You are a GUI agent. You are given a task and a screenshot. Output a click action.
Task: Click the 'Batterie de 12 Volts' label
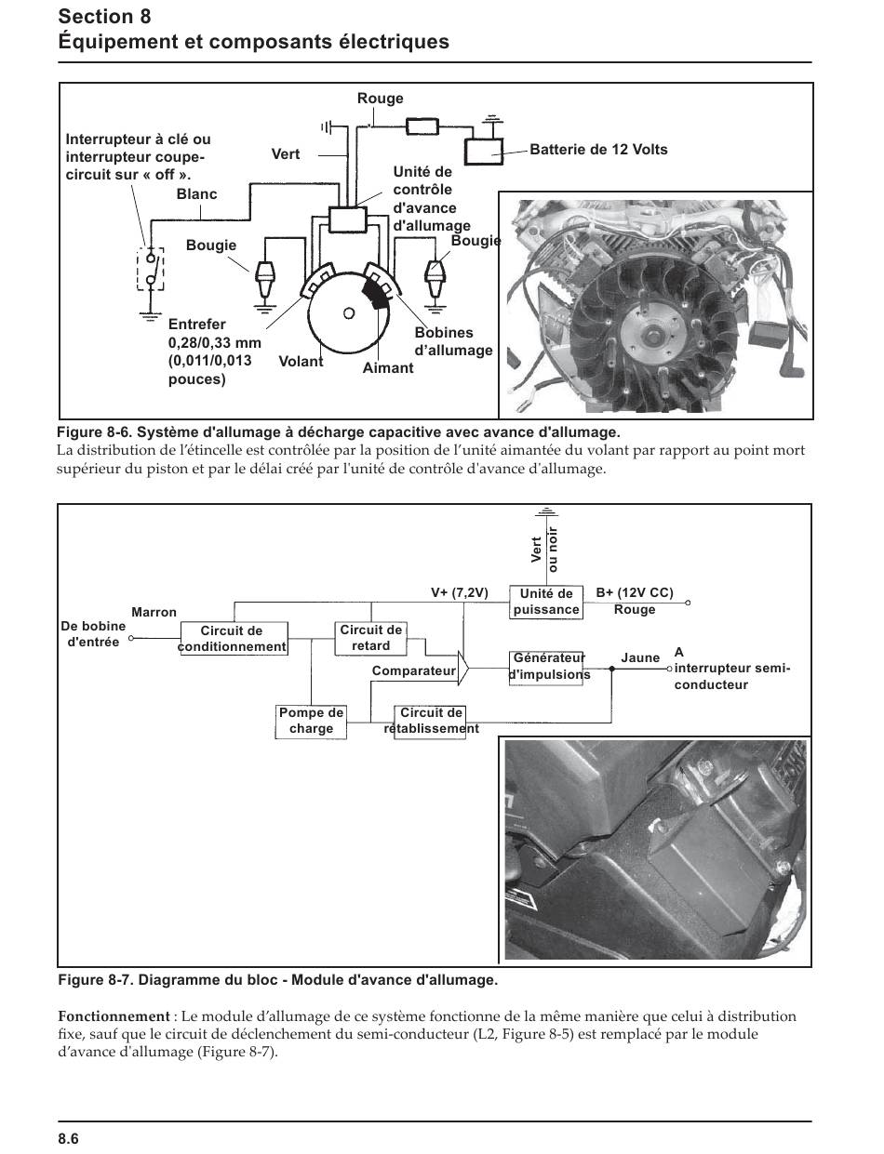598,149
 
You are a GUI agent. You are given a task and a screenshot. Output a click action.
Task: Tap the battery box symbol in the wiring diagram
484,152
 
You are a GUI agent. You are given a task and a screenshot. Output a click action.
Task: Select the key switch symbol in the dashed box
151,269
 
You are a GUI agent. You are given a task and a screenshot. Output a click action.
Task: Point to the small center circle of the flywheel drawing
349,313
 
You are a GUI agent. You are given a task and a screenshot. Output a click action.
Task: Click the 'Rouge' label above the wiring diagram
380,99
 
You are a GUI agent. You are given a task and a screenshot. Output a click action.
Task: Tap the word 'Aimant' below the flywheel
388,368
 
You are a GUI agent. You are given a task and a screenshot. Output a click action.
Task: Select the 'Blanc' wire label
196,193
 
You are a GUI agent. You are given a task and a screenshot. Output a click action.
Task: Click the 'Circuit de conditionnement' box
234,638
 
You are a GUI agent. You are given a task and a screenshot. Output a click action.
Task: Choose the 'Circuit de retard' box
370,638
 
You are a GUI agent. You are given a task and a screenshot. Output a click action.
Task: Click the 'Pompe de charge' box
311,721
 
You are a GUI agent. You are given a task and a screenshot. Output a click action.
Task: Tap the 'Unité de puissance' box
546,602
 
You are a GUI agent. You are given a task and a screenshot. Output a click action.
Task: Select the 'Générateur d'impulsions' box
546,668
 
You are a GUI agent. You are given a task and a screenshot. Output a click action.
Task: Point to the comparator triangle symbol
462,668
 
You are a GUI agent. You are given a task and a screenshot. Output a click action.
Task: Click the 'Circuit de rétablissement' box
430,721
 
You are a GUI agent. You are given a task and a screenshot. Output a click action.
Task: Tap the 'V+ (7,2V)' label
460,592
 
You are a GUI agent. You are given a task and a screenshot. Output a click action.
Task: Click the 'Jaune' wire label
640,657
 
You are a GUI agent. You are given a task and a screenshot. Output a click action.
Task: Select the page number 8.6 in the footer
69,1138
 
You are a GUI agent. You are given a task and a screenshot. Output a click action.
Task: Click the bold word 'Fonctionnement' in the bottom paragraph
114,1016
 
